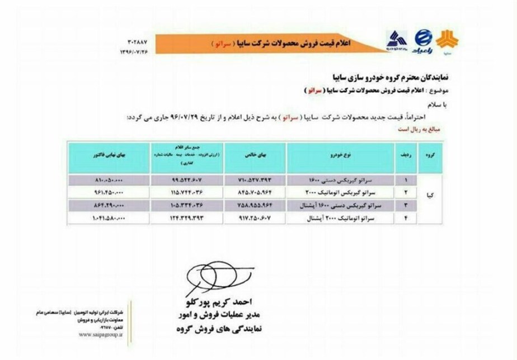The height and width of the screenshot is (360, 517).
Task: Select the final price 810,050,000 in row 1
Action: tap(108, 181)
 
